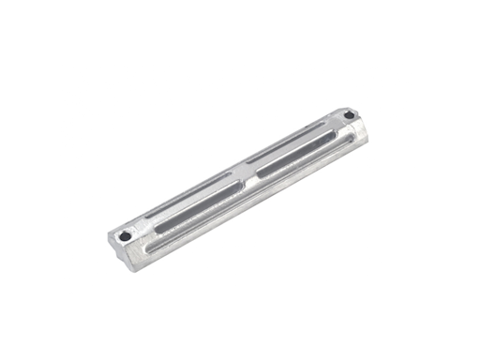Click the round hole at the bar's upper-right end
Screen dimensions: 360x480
350,115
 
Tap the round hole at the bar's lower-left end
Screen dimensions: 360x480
125,236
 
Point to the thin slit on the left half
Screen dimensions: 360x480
187,195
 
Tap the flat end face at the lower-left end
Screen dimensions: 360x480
119,253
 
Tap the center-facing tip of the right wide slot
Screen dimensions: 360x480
260,172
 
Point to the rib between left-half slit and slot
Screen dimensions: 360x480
191,202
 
